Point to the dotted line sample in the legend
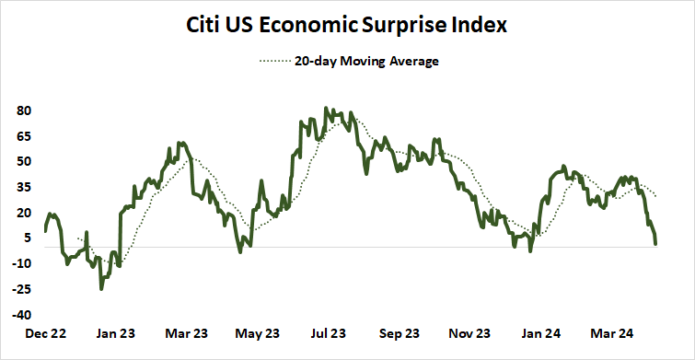(273, 63)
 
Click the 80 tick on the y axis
(24, 110)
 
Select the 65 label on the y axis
(24, 136)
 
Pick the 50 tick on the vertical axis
(24, 161)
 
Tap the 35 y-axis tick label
(24, 187)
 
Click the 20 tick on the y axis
(24, 212)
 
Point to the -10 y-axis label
(22, 263)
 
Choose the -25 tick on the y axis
(22, 288)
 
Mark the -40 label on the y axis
(22, 314)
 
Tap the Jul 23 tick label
(328, 334)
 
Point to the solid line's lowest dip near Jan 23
(101, 289)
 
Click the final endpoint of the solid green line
(655, 244)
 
